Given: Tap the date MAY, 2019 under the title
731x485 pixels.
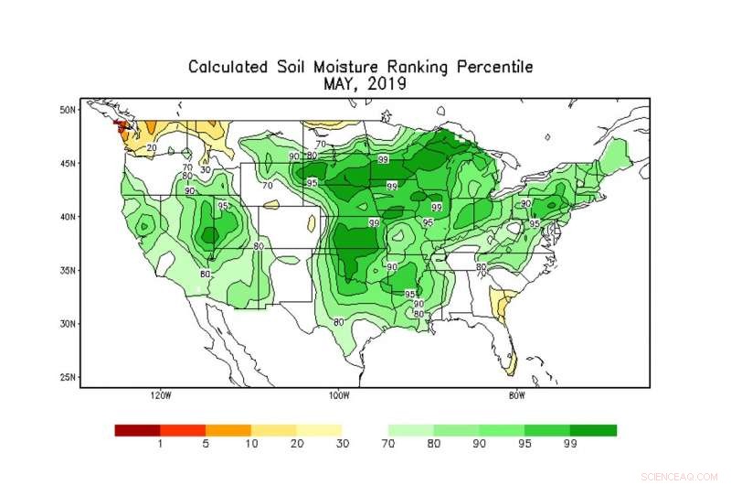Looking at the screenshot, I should pyautogui.click(x=364, y=83).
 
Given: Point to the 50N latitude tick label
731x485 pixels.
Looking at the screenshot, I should pyautogui.click(x=67, y=110).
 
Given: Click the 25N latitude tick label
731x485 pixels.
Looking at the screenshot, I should pyautogui.click(x=67, y=377).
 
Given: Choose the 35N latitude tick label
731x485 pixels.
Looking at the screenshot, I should pyautogui.click(x=67, y=271).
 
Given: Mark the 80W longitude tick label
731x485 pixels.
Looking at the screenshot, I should pyautogui.click(x=516, y=396).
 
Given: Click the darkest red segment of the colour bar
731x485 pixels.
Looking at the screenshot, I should pyautogui.click(x=137, y=429).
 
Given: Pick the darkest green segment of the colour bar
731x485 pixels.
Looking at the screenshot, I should pyautogui.click(x=593, y=429).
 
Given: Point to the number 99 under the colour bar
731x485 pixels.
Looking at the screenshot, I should pyautogui.click(x=570, y=445).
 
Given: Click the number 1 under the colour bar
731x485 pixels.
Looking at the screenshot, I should pyautogui.click(x=161, y=445).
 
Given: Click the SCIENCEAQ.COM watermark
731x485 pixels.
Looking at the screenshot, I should pyautogui.click(x=681, y=475).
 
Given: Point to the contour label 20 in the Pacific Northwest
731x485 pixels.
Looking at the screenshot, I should pyautogui.click(x=152, y=147).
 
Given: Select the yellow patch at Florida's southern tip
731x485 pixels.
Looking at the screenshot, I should pyautogui.click(x=511, y=365).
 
